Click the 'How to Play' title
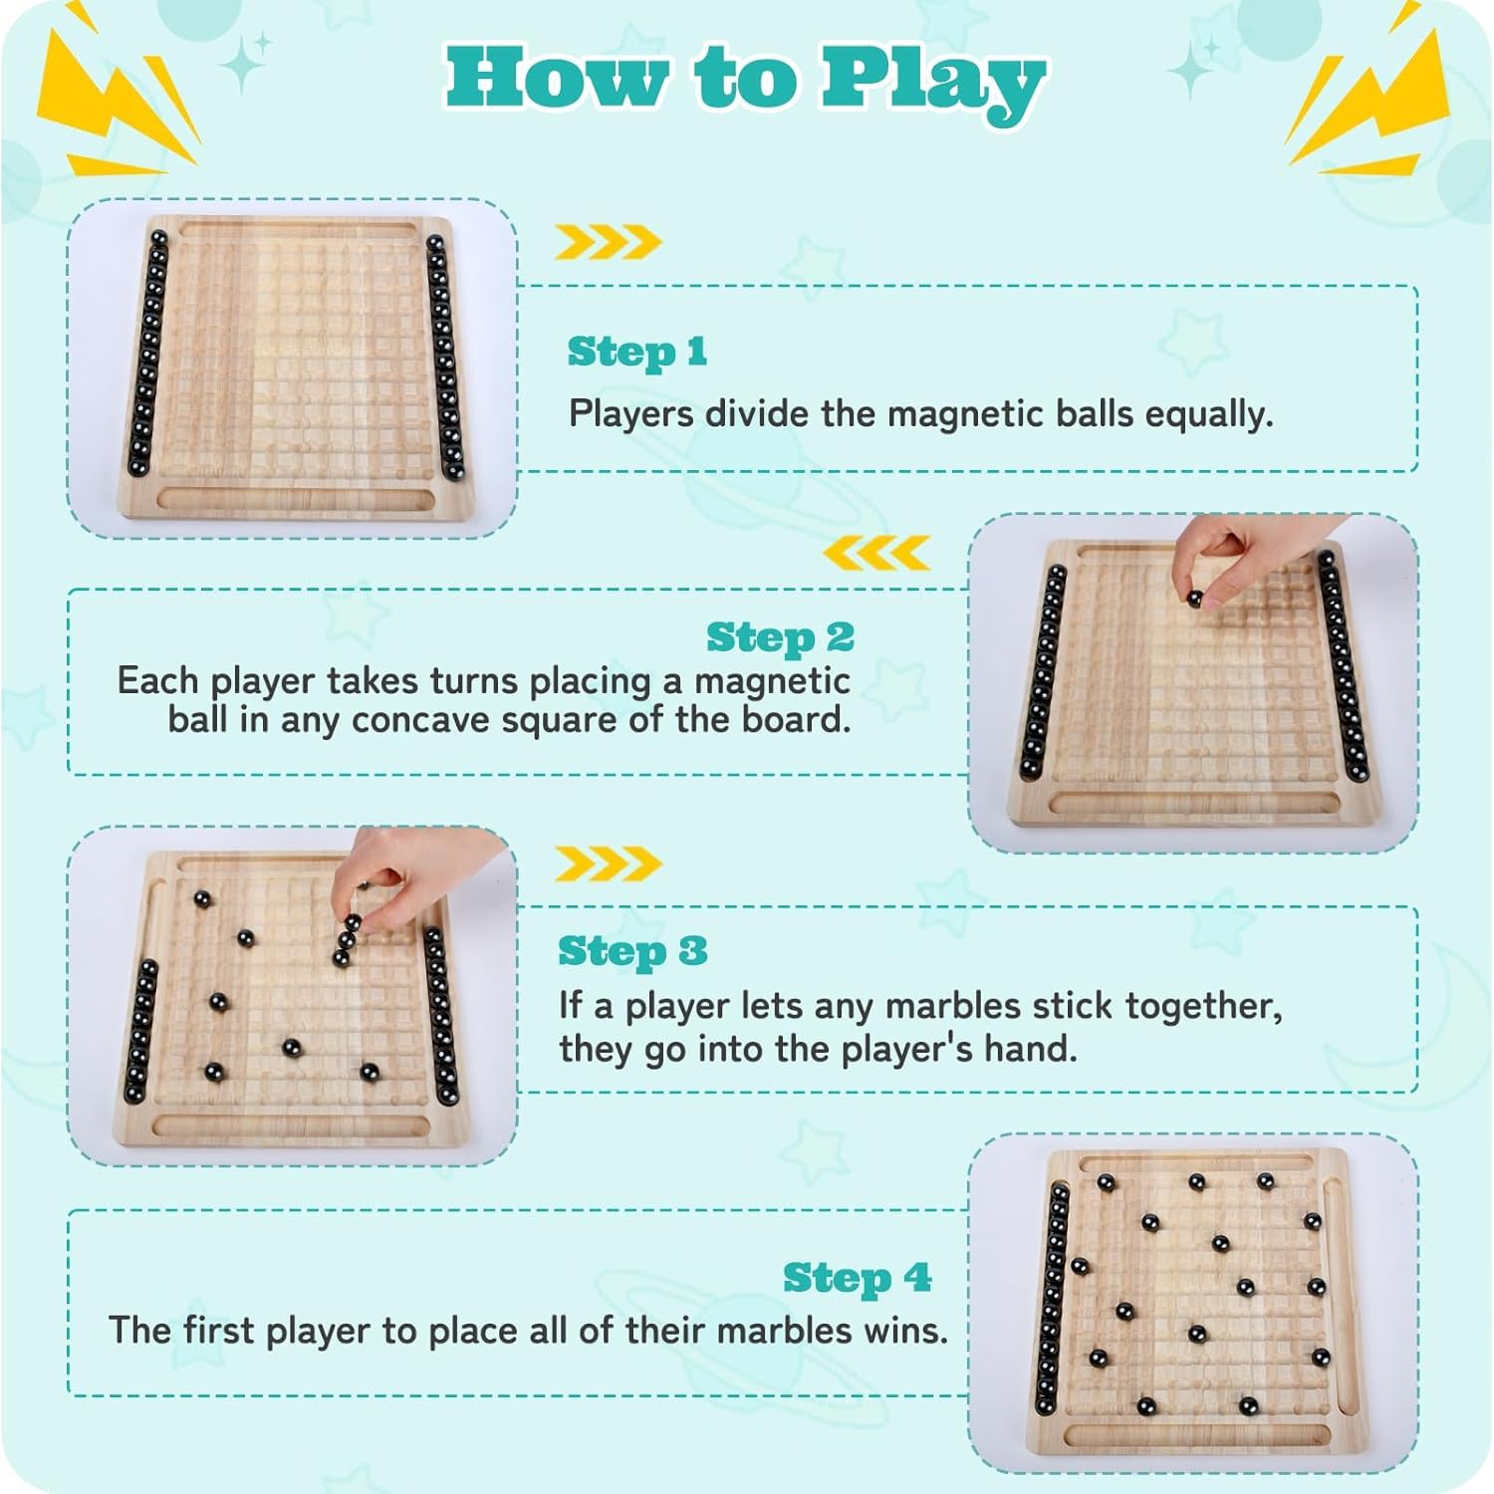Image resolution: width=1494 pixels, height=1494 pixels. coord(745,80)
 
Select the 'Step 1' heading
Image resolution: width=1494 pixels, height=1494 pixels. coord(637,353)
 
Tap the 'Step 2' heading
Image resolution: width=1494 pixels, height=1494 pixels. coord(781,638)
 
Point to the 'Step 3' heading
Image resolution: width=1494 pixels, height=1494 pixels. coord(632,951)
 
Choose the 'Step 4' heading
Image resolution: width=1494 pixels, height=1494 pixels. coord(858,1278)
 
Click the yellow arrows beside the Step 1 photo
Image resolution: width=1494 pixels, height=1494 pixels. coord(608,242)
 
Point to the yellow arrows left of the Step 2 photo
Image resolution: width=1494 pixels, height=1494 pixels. coord(877,553)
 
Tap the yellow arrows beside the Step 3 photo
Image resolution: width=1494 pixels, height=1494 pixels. coord(608,864)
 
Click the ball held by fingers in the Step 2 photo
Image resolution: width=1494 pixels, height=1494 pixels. coord(1194,598)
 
